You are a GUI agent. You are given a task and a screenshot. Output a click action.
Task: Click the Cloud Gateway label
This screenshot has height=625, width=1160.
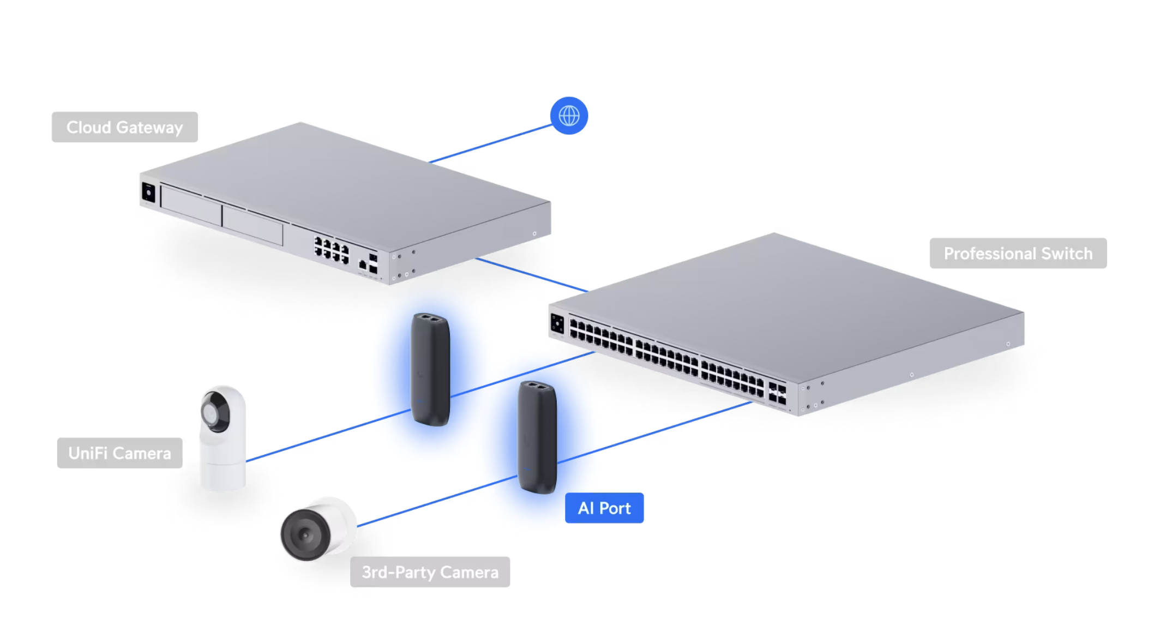125,127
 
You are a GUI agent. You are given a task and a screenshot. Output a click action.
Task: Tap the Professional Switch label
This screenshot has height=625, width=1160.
1018,253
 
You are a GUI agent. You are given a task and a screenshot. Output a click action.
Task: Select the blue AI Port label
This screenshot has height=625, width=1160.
604,508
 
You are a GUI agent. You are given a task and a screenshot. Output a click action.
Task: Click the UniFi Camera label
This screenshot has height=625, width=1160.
120,453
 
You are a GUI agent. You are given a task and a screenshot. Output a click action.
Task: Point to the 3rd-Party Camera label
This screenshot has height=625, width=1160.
430,572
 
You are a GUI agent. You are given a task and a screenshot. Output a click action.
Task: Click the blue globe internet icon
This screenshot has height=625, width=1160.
569,116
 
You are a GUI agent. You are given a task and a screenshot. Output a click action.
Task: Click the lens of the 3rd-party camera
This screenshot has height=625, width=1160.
305,535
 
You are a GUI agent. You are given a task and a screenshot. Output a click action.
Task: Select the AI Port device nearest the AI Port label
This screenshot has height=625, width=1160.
538,437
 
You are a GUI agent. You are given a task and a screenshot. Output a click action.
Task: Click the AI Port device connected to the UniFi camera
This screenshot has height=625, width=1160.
431,369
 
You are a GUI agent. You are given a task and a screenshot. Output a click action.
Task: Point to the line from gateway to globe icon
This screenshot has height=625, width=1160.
491,143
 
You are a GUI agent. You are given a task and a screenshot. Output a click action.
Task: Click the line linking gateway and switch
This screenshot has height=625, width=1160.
532,275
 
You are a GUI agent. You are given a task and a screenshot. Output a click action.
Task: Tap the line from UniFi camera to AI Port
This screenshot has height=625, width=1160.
329,435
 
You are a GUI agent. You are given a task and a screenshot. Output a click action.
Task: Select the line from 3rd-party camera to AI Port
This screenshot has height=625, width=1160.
437,501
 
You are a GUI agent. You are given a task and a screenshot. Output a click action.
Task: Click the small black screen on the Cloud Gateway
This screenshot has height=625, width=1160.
148,193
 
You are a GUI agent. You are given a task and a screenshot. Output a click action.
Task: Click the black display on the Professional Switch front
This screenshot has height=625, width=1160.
557,323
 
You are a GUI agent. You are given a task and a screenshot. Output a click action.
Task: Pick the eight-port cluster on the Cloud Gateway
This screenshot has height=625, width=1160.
332,250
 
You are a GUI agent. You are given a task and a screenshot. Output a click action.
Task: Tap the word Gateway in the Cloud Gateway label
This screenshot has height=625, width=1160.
149,128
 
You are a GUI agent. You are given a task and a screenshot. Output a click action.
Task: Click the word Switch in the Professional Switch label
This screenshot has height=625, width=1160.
1067,253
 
